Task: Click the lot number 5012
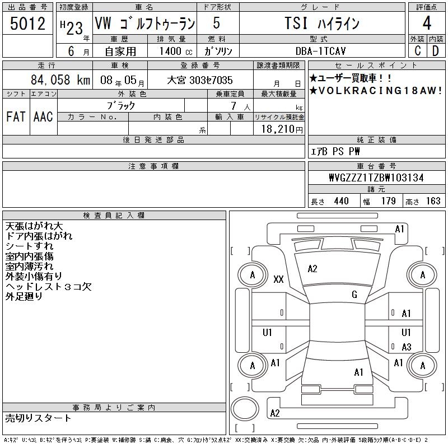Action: tap(27, 24)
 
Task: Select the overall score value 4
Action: tap(427, 23)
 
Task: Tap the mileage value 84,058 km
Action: tap(60, 80)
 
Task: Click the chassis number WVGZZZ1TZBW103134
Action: tap(376, 178)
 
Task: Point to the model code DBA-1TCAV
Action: tap(320, 51)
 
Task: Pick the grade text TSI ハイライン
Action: tap(322, 23)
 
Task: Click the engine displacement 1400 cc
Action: tap(176, 51)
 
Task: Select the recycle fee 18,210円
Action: tap(282, 129)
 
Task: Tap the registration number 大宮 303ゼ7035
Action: tap(200, 80)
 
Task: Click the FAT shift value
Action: tap(16, 117)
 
